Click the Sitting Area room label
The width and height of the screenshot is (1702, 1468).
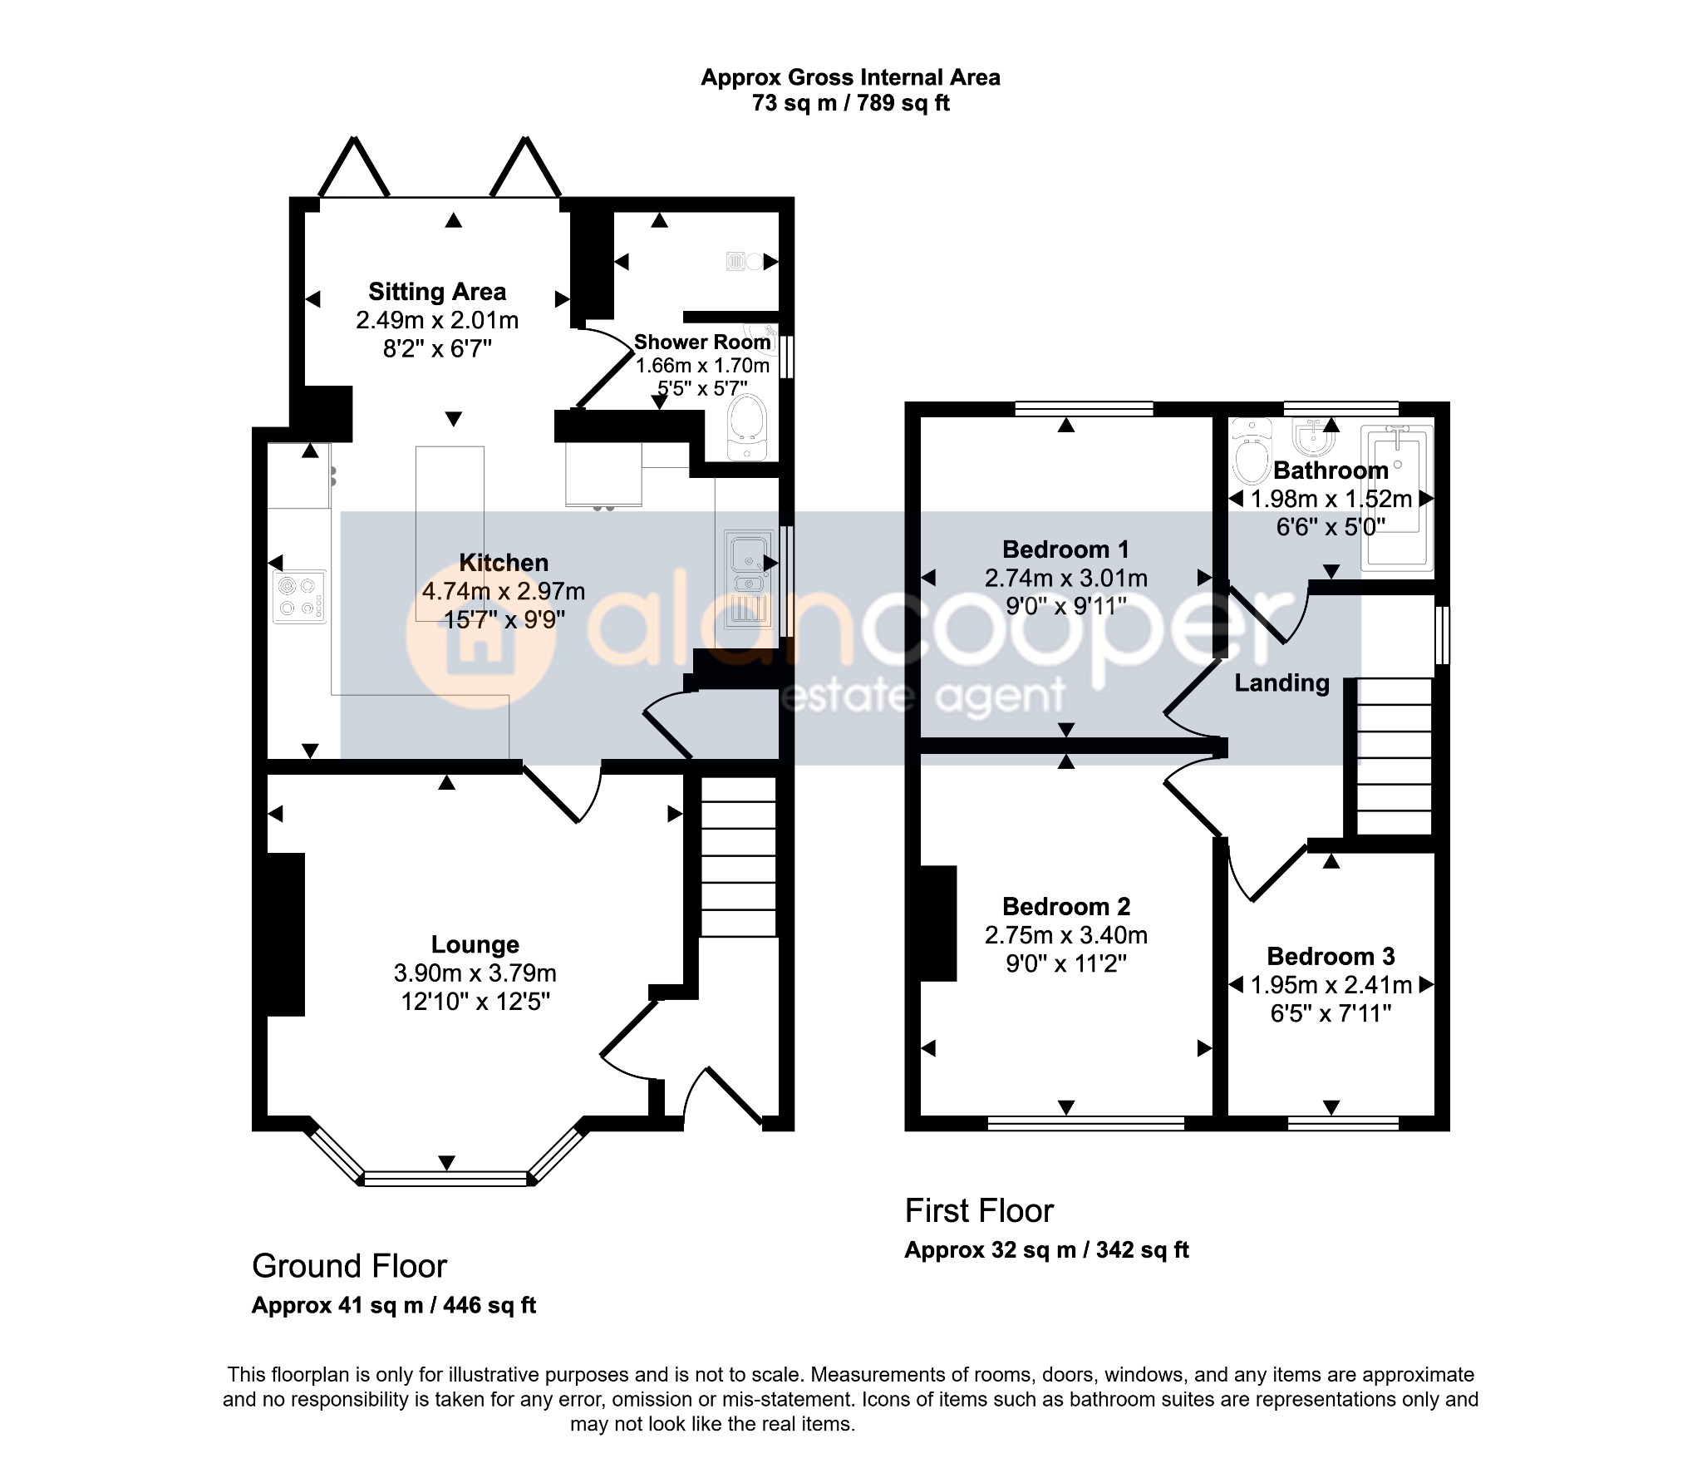[x=437, y=292]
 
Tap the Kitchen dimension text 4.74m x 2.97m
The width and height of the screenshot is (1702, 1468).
[x=504, y=591]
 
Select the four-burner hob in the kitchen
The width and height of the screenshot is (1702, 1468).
[x=300, y=596]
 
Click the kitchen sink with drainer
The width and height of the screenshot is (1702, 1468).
[x=748, y=579]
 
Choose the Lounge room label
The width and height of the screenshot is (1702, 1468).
[x=475, y=944]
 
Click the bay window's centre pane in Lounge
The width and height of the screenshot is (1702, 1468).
[x=446, y=1177]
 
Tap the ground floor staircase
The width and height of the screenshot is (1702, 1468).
[x=739, y=856]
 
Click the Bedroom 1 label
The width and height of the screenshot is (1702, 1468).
[x=1066, y=549]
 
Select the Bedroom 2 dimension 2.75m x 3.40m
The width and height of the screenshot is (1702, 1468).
[x=1066, y=935]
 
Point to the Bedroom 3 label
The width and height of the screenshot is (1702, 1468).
[x=1331, y=956]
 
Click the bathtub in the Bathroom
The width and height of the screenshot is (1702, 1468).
[x=1397, y=498]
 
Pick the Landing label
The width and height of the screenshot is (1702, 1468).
[x=1281, y=683]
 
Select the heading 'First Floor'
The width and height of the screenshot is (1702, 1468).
[x=979, y=1211]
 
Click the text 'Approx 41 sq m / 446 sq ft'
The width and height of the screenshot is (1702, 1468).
[x=394, y=1305]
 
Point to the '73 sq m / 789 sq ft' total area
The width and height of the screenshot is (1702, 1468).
[x=850, y=103]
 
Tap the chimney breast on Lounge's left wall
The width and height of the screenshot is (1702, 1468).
[x=285, y=934]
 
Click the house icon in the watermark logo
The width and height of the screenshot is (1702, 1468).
[x=480, y=636]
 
